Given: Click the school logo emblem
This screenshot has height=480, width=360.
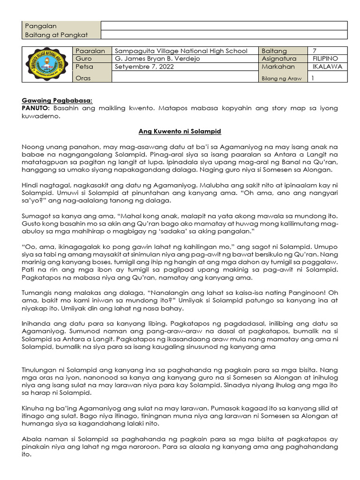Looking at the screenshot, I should click(x=47, y=65).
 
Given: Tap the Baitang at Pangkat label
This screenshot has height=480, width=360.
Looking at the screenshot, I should click(x=56, y=35).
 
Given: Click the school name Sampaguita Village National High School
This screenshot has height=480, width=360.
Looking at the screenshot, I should click(x=181, y=51).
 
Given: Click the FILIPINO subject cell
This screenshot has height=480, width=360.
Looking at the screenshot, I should click(x=325, y=59).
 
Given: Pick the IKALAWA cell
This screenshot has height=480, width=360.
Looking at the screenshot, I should click(x=327, y=67).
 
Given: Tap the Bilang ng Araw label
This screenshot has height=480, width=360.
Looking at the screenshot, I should click(x=281, y=79).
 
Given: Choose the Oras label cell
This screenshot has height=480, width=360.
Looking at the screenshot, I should click(x=84, y=78).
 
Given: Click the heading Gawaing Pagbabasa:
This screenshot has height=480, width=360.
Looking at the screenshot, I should click(x=57, y=100).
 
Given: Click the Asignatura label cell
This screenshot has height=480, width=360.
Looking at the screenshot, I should click(x=279, y=59).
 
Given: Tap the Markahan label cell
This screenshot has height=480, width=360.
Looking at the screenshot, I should click(x=278, y=67).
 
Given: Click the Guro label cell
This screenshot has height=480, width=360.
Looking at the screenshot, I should click(x=84, y=59).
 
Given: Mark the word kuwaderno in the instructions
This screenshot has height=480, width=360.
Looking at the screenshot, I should click(x=41, y=116).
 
